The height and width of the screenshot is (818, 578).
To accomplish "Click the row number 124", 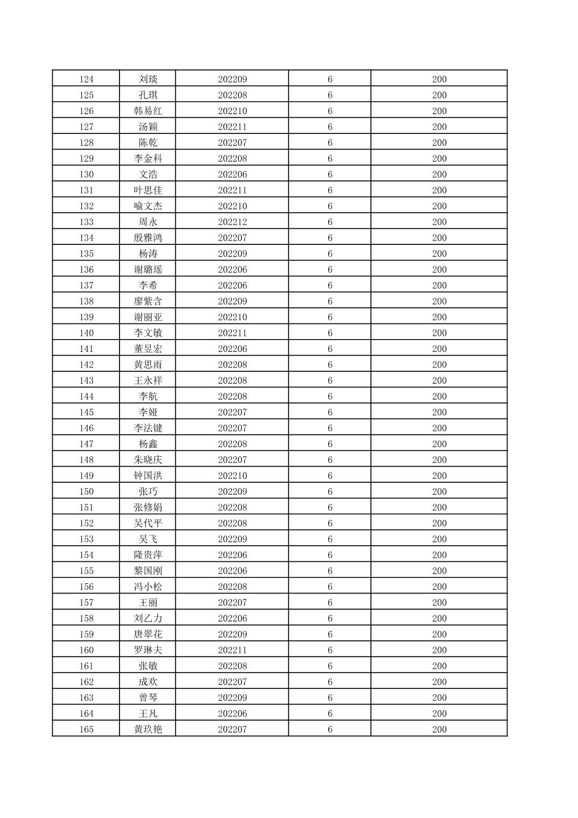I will [x=86, y=79].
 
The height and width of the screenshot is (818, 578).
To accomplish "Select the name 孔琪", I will [x=148, y=95].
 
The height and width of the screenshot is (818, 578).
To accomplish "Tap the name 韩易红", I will [x=148, y=111].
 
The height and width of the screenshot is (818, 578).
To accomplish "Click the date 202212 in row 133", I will [x=232, y=222].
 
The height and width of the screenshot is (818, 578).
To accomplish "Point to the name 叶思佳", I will [x=148, y=190].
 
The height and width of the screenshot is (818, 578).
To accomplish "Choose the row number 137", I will [x=86, y=285].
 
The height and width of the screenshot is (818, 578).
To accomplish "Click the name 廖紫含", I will [x=148, y=301].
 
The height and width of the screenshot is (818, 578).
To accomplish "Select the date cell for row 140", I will [x=232, y=333].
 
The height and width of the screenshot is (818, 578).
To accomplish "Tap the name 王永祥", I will [x=148, y=380].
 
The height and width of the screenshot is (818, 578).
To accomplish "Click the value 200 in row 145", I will [x=439, y=412].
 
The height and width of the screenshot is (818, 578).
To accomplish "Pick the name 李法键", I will [x=148, y=428].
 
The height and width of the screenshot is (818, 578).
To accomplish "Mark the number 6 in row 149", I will [x=330, y=476].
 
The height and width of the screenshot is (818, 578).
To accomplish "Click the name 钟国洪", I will [x=148, y=476].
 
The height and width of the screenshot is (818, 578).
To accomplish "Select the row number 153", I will [x=86, y=539].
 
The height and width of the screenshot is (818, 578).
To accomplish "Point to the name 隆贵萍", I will [x=148, y=555].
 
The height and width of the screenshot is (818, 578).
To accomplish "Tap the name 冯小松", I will [x=148, y=587].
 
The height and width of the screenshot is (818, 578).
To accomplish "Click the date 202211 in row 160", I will [x=232, y=650].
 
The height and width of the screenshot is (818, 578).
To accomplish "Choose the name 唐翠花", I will [x=148, y=634].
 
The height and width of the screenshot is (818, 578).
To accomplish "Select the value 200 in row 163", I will [x=439, y=697].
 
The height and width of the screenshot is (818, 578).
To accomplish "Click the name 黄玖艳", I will [x=148, y=729].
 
